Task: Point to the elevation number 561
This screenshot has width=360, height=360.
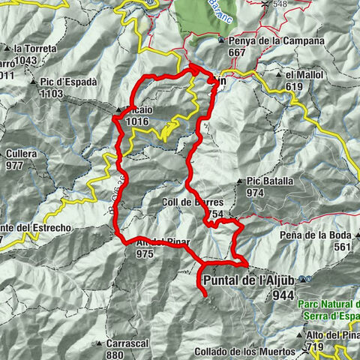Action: pos(341,247)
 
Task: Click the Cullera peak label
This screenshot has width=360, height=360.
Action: pos(26,154)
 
